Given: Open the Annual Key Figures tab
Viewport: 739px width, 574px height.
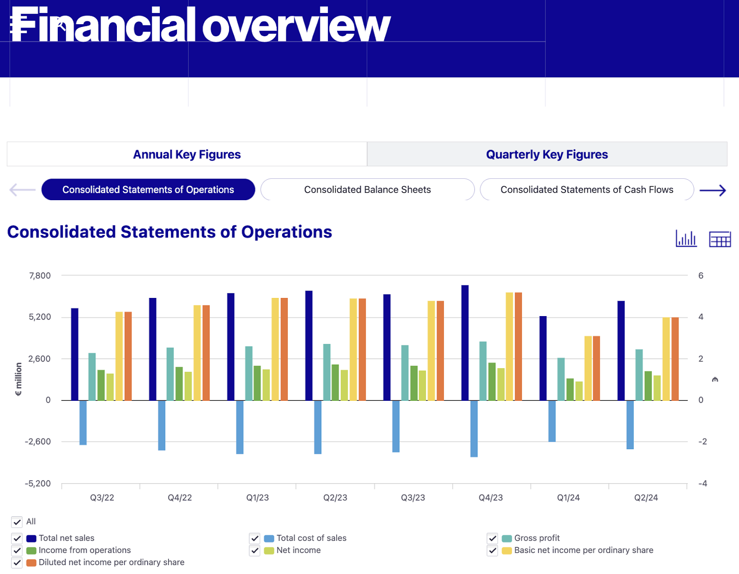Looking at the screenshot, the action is click(187, 154).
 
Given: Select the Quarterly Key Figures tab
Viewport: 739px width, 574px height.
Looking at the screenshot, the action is click(547, 154).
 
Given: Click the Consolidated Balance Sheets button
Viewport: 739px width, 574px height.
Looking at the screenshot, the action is click(367, 189).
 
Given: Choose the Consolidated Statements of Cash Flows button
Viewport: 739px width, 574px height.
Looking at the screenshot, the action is click(587, 189).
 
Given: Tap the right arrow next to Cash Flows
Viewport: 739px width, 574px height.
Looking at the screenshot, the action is click(712, 190).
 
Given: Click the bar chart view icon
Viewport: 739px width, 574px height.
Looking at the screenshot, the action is click(686, 238).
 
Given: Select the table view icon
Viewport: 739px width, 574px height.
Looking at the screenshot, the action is click(719, 239).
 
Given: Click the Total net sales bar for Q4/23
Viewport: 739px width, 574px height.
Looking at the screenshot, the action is click(465, 343).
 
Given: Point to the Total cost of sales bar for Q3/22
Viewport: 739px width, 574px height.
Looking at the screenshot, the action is click(83, 422).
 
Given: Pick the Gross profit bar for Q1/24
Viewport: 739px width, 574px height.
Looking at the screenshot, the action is click(561, 379).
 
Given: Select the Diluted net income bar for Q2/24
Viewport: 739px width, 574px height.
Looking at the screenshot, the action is click(675, 359).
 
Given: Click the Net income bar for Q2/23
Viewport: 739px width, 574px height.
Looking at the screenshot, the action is click(344, 385).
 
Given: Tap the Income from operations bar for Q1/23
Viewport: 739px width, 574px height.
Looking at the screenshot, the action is click(257, 383).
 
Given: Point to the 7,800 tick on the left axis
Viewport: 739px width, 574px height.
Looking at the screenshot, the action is click(40, 276).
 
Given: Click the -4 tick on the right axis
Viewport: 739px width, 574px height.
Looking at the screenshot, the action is click(703, 483).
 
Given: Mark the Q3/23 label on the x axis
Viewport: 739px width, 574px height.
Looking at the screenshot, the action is click(413, 498).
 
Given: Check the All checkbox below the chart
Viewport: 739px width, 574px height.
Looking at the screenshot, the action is click(17, 522).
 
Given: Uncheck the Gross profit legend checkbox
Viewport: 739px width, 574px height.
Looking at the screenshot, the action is click(492, 538).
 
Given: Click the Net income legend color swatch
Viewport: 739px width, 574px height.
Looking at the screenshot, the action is click(269, 551).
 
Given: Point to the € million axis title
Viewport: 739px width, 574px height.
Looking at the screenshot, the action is click(18, 379).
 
